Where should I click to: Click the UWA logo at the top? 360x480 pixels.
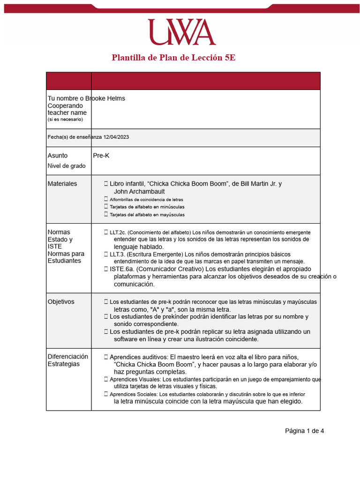182,32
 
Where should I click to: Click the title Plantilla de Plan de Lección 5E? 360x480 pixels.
177,58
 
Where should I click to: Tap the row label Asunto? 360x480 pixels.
58,155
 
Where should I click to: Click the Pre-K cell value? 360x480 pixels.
101,155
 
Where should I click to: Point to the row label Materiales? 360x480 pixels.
62,184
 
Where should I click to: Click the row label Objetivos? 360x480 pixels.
61,302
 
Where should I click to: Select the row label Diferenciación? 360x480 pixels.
67,357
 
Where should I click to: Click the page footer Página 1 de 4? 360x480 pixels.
304,431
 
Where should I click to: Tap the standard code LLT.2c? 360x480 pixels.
118,232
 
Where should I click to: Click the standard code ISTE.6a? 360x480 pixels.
122,269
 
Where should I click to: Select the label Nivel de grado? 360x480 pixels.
67,166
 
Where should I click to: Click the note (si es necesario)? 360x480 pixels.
65,120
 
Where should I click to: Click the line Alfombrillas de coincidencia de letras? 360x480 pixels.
147,200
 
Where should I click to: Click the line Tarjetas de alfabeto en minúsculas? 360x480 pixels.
147,207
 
